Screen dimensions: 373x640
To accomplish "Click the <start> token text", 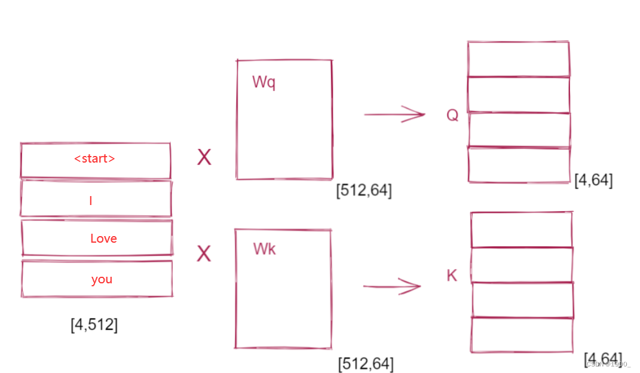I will tap(94, 159).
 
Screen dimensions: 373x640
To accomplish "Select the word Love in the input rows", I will tap(103, 239).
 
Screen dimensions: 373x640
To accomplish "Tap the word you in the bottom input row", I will tap(102, 279).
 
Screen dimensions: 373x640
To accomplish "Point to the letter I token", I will tap(90, 201).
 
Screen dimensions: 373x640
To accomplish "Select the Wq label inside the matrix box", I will tap(264, 82).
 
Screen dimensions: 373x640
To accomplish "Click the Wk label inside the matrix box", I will tap(264, 249).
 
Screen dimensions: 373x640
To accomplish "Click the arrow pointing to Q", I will tap(394, 114).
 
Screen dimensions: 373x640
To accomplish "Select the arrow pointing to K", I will tap(392, 286).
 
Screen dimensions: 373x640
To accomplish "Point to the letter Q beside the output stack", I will tap(452, 115).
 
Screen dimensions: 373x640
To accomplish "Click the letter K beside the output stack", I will tap(452, 276).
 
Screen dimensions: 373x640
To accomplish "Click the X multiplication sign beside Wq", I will tap(204, 158).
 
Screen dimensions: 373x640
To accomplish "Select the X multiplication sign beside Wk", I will tap(204, 254).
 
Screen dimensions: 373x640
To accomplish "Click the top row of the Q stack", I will tap(518, 59).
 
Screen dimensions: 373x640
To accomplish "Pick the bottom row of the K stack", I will tap(522, 335).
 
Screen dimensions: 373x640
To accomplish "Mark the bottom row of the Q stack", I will tap(519, 164).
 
